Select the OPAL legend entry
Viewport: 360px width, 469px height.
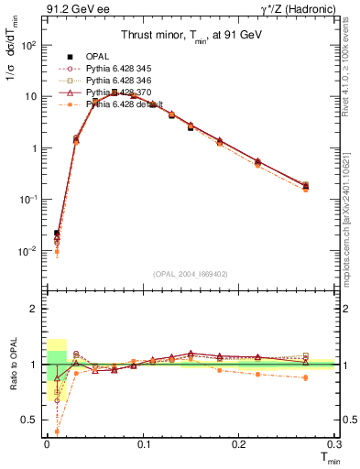coord(99,57)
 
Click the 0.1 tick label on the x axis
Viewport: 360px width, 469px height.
coord(143,443)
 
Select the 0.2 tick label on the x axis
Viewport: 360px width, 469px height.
coord(240,443)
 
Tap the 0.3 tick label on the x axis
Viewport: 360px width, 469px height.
coord(335,443)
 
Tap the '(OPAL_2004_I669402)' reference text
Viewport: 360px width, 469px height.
coord(190,272)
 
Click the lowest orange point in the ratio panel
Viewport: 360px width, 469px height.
coord(57,431)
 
